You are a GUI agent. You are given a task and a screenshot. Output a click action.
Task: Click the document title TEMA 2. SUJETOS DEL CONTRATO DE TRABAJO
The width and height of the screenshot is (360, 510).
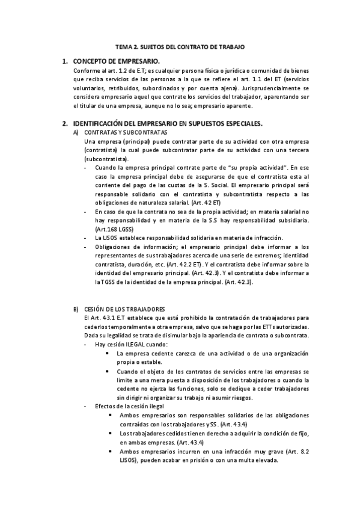pos(180,46)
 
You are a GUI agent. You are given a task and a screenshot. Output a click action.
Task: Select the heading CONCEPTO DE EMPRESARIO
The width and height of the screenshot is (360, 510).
pos(116,61)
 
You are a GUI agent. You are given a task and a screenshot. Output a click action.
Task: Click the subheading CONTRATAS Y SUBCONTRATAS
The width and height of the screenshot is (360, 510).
pos(127,132)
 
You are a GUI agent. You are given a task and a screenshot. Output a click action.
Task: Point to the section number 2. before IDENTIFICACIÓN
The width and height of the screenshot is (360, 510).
pos(64,123)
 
